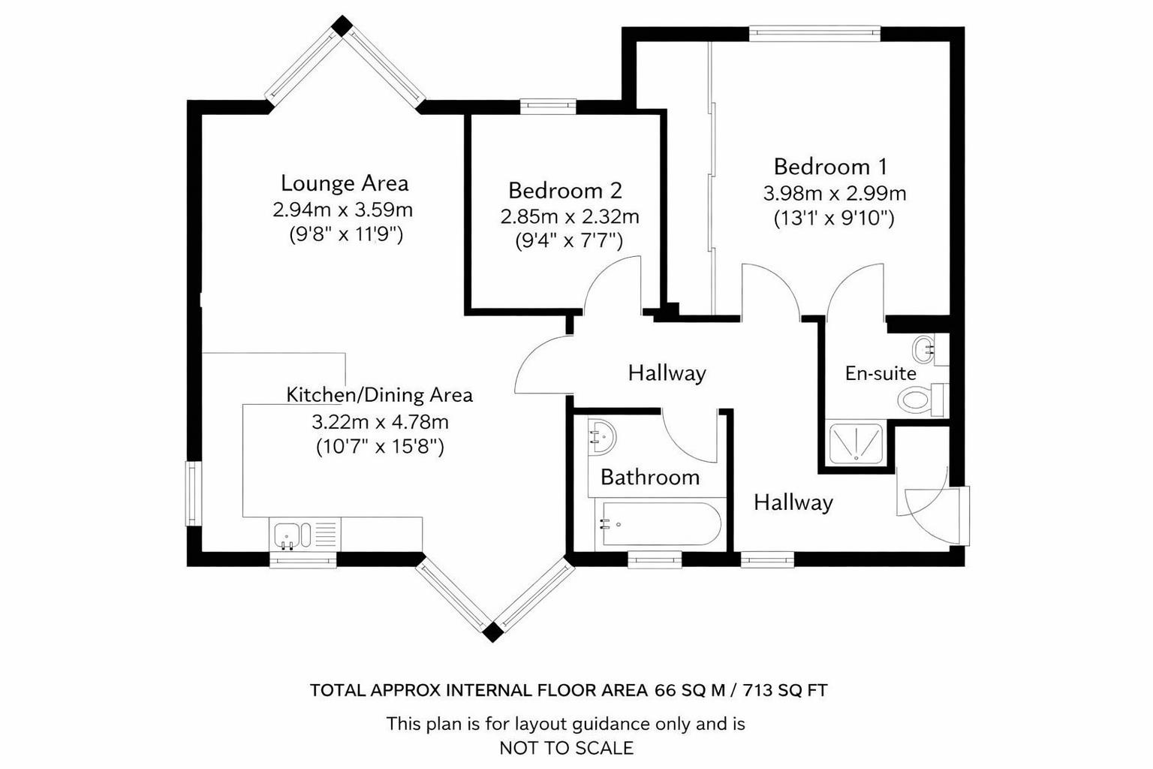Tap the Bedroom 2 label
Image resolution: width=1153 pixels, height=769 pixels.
pos(565,190)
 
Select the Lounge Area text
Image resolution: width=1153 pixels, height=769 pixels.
pos(345,182)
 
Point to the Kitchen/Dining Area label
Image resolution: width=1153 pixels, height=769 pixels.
pos(379,394)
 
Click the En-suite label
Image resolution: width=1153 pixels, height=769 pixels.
pos(881,373)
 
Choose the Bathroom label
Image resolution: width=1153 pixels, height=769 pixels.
pos(650,477)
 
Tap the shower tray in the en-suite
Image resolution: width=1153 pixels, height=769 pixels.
pos(855,445)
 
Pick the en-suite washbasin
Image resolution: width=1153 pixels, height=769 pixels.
pos(924,348)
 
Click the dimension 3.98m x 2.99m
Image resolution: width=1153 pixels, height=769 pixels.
pos(834,194)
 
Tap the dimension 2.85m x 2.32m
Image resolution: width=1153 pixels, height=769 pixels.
pos(570,217)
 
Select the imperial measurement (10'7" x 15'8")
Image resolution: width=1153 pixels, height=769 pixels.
pos(380,447)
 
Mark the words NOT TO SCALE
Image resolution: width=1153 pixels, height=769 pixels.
pos(566,748)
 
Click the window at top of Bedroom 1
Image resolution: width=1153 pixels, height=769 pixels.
pos(814,32)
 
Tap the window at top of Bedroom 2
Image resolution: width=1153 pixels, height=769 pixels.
pos(548,106)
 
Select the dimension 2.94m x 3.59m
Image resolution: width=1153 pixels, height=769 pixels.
pos(342,209)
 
